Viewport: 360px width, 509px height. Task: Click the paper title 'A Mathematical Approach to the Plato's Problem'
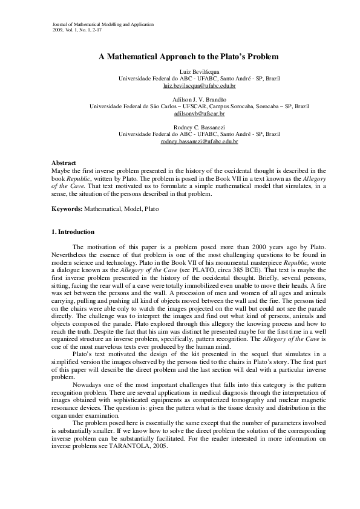[x=188, y=57]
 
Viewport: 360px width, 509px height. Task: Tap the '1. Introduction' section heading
[x=73, y=232]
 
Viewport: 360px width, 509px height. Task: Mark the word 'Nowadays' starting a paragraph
[x=86, y=383]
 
